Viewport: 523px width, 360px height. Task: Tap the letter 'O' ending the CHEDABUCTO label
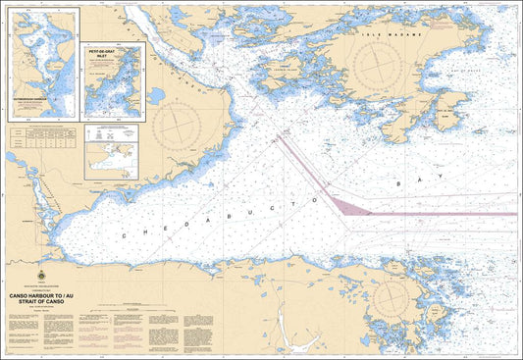[316, 199]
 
